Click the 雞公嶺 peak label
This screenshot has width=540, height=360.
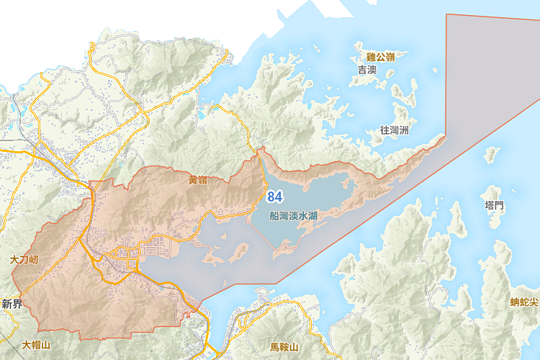[x=381, y=57]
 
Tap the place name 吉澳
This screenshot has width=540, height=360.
[x=367, y=70]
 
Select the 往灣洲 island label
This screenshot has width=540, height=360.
[x=394, y=130]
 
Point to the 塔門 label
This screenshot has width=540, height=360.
[x=495, y=206]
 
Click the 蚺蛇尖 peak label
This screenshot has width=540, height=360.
[x=523, y=302]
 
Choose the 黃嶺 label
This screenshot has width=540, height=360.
[x=198, y=180]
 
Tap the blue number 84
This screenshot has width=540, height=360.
[x=274, y=197]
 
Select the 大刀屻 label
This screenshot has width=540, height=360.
[x=24, y=258]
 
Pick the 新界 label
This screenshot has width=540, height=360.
[x=13, y=304]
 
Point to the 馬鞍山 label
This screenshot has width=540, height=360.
[x=284, y=347]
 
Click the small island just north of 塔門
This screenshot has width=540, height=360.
[x=492, y=154]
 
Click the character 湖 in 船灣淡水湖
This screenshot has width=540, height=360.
[x=313, y=215]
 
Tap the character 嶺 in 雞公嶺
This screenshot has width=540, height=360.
[x=391, y=57]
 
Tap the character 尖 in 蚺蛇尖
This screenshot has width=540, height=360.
[x=534, y=302]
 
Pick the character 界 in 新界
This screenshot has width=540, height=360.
[x=18, y=304]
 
